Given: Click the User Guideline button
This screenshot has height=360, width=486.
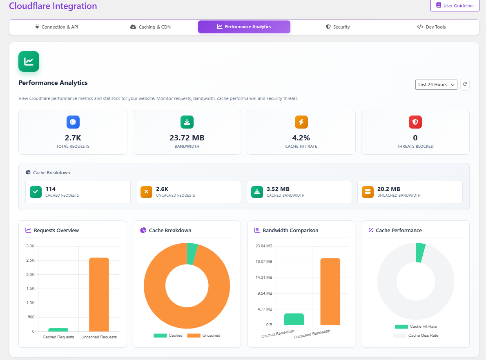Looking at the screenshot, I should point(455,6).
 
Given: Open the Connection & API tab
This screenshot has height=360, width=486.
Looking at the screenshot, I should point(56,27).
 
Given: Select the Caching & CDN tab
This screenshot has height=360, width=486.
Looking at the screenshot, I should point(150,27).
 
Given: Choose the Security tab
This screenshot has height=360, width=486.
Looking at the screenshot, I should point(338,27).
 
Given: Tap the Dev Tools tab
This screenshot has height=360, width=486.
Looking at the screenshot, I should point(431,27).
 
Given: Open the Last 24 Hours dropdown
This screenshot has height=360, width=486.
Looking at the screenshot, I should point(436,84).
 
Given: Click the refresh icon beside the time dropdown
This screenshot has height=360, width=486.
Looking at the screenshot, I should point(465,84).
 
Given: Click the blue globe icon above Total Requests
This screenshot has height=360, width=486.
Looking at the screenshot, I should point(73,122).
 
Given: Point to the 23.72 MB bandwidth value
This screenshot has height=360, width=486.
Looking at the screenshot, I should point(187,138).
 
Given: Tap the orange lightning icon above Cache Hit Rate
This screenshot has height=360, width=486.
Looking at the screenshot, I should point(301,122).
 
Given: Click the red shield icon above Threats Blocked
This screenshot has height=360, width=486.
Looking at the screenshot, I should point(415,122).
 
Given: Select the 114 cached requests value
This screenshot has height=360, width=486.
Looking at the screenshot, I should point(51,189).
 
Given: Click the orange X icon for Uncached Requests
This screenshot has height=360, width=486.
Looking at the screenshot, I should point(146,192).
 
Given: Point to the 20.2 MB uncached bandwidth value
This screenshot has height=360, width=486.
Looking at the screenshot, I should point(389,189).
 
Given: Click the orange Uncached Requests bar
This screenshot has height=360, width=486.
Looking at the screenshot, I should point(99,294).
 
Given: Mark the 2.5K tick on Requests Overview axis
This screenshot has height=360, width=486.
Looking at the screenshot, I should point(30,260).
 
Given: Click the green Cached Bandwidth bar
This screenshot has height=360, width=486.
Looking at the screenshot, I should point(294,319).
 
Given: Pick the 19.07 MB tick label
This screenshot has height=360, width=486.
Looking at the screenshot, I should point(263,262).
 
